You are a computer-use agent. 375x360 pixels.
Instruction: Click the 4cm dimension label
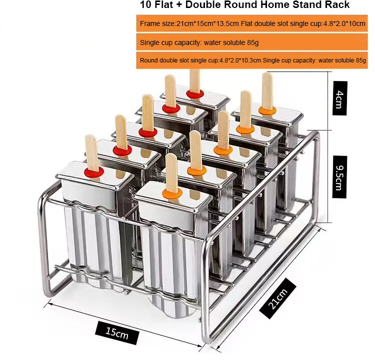coord(339,98)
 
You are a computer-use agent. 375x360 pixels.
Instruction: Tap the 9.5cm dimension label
coord(339,177)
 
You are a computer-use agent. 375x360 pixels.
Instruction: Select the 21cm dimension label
coord(277,298)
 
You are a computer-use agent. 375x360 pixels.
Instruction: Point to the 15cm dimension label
coord(117,332)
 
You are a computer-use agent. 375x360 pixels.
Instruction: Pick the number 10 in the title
coord(145,5)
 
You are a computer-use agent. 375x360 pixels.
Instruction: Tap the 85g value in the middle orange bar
coord(253,43)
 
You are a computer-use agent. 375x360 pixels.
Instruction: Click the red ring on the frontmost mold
coord(94,171)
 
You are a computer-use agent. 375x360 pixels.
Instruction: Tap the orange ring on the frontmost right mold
coord(172,193)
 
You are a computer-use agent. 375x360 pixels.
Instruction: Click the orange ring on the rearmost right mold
coord(267,110)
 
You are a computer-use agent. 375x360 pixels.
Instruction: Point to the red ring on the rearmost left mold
coord(195,94)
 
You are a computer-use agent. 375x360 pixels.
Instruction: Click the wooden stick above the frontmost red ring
coord(92,153)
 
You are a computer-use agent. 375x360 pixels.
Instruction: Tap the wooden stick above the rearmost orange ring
coord(267,91)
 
